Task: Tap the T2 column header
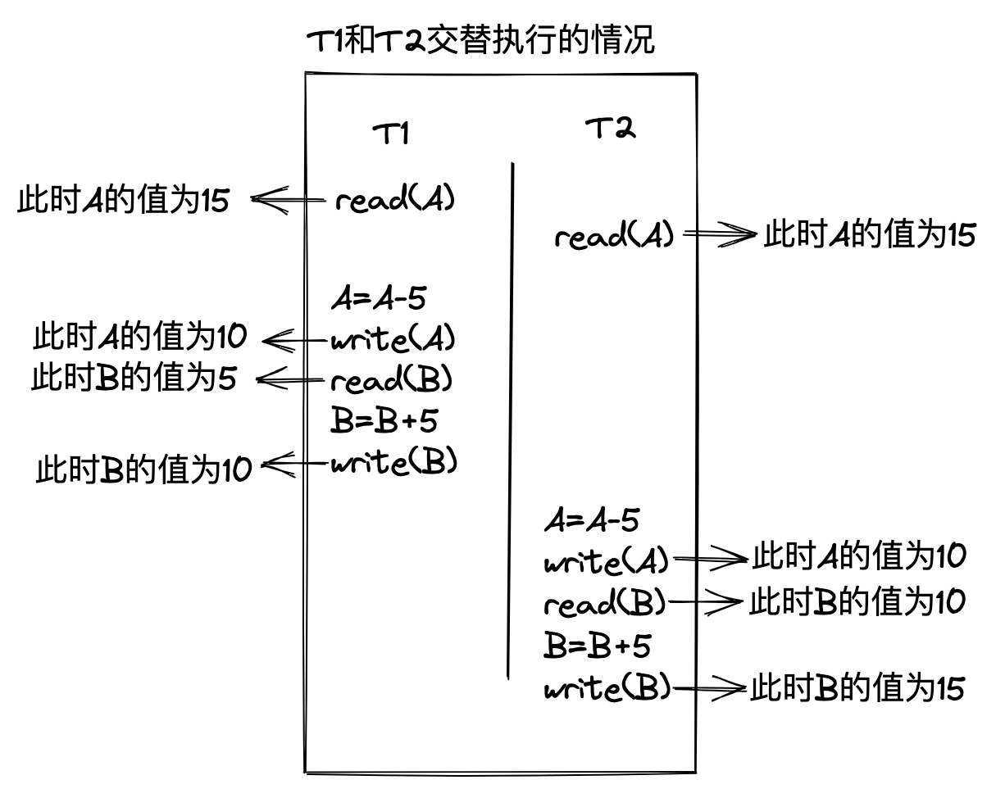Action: click(x=610, y=129)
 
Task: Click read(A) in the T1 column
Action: click(x=395, y=200)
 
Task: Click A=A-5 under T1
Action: click(x=378, y=299)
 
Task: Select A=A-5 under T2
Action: click(x=591, y=520)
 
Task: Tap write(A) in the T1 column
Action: click(x=393, y=338)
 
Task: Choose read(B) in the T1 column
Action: click(x=392, y=380)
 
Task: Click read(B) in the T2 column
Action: click(x=605, y=605)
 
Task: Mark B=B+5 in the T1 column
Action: click(x=383, y=421)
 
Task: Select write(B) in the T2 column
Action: click(x=607, y=688)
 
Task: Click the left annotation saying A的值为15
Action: click(x=124, y=201)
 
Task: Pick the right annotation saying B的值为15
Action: click(x=857, y=688)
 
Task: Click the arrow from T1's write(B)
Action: click(x=295, y=465)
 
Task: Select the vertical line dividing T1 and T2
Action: click(x=512, y=418)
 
